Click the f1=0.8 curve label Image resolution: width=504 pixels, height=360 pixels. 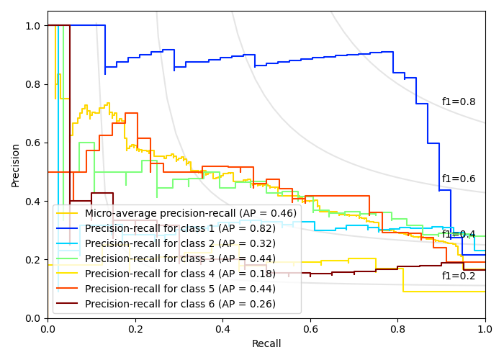pyautogui.click(x=459, y=102)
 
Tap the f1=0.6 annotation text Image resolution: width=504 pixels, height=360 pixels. pyautogui.click(x=459, y=179)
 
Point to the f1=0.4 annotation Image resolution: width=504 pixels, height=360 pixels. pyautogui.click(x=459, y=235)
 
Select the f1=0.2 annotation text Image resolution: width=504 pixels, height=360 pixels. pyautogui.click(x=459, y=276)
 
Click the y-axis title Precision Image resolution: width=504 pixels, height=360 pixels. pyautogui.click(x=16, y=165)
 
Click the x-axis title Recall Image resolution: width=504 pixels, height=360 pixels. pyautogui.click(x=266, y=344)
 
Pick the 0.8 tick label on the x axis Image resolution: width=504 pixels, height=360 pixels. pyautogui.click(x=397, y=329)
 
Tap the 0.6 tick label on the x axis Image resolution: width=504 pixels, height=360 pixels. pyautogui.click(x=310, y=329)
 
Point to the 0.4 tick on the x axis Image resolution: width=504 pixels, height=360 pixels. pyautogui.click(x=222, y=329)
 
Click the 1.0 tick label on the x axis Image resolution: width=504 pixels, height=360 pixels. pyautogui.click(x=485, y=329)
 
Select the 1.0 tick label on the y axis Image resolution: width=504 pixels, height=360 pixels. pyautogui.click(x=32, y=26)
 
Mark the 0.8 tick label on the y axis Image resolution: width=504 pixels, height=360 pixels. pyautogui.click(x=32, y=84)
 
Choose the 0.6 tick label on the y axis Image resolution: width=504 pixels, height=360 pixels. pyautogui.click(x=32, y=143)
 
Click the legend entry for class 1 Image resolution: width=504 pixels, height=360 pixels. pyautogui.click(x=180, y=228)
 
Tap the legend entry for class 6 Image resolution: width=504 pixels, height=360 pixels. pyautogui.click(x=180, y=304)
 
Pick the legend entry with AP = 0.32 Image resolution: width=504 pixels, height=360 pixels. pyautogui.click(x=180, y=243)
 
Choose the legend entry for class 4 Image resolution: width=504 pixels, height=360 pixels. pyautogui.click(x=180, y=274)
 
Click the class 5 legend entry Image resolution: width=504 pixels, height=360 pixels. pyautogui.click(x=180, y=289)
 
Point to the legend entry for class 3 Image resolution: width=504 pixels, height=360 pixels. pyautogui.click(x=180, y=258)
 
